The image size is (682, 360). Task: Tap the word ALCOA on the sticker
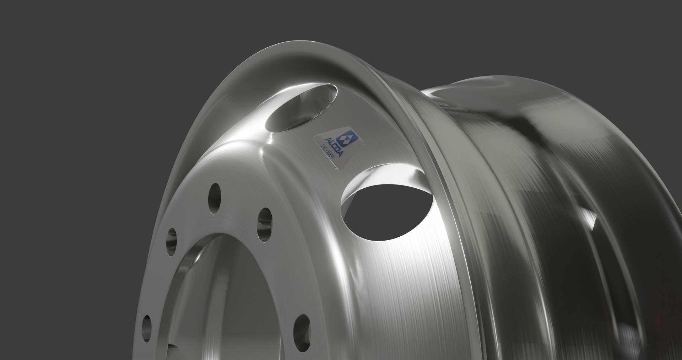tap(334, 147)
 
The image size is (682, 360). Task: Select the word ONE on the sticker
tap(327, 154)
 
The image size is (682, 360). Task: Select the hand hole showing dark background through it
tap(387, 206)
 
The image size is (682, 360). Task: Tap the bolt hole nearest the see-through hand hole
tap(265, 221)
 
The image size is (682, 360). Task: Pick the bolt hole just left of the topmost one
tap(172, 242)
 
